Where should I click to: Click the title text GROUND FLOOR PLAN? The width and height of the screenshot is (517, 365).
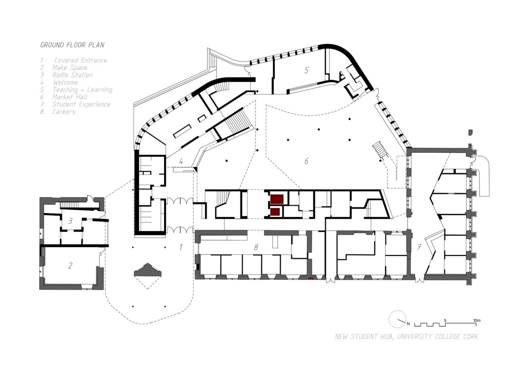[x=72, y=45]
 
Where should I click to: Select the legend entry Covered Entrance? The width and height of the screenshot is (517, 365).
[x=81, y=60]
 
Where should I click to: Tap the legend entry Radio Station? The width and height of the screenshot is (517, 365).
[x=72, y=75]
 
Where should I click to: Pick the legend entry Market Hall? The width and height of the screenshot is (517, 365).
[x=70, y=97]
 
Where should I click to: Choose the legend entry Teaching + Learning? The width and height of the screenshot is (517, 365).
[x=82, y=90]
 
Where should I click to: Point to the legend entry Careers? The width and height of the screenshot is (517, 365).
[x=64, y=112]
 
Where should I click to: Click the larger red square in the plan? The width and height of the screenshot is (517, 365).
[x=277, y=199]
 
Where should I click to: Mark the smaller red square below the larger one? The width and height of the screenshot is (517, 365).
[x=275, y=212]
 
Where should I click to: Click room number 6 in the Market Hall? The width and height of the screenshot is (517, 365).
[x=306, y=161]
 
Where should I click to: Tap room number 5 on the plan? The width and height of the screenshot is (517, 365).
[x=306, y=70]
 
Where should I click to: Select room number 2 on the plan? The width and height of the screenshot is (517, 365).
[x=70, y=266]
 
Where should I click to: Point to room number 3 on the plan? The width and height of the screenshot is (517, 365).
[x=70, y=221]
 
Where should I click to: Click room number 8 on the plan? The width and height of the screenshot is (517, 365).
[x=256, y=247]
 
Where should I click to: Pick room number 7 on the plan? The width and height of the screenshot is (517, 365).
[x=419, y=247]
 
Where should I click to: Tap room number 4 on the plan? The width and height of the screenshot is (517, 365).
[x=181, y=161]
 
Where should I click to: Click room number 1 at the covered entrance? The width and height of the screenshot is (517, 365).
[x=181, y=247]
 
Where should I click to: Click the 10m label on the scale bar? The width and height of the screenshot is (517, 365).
[x=477, y=321]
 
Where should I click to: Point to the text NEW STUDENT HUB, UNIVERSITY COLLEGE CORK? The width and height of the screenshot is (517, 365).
[x=406, y=337]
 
